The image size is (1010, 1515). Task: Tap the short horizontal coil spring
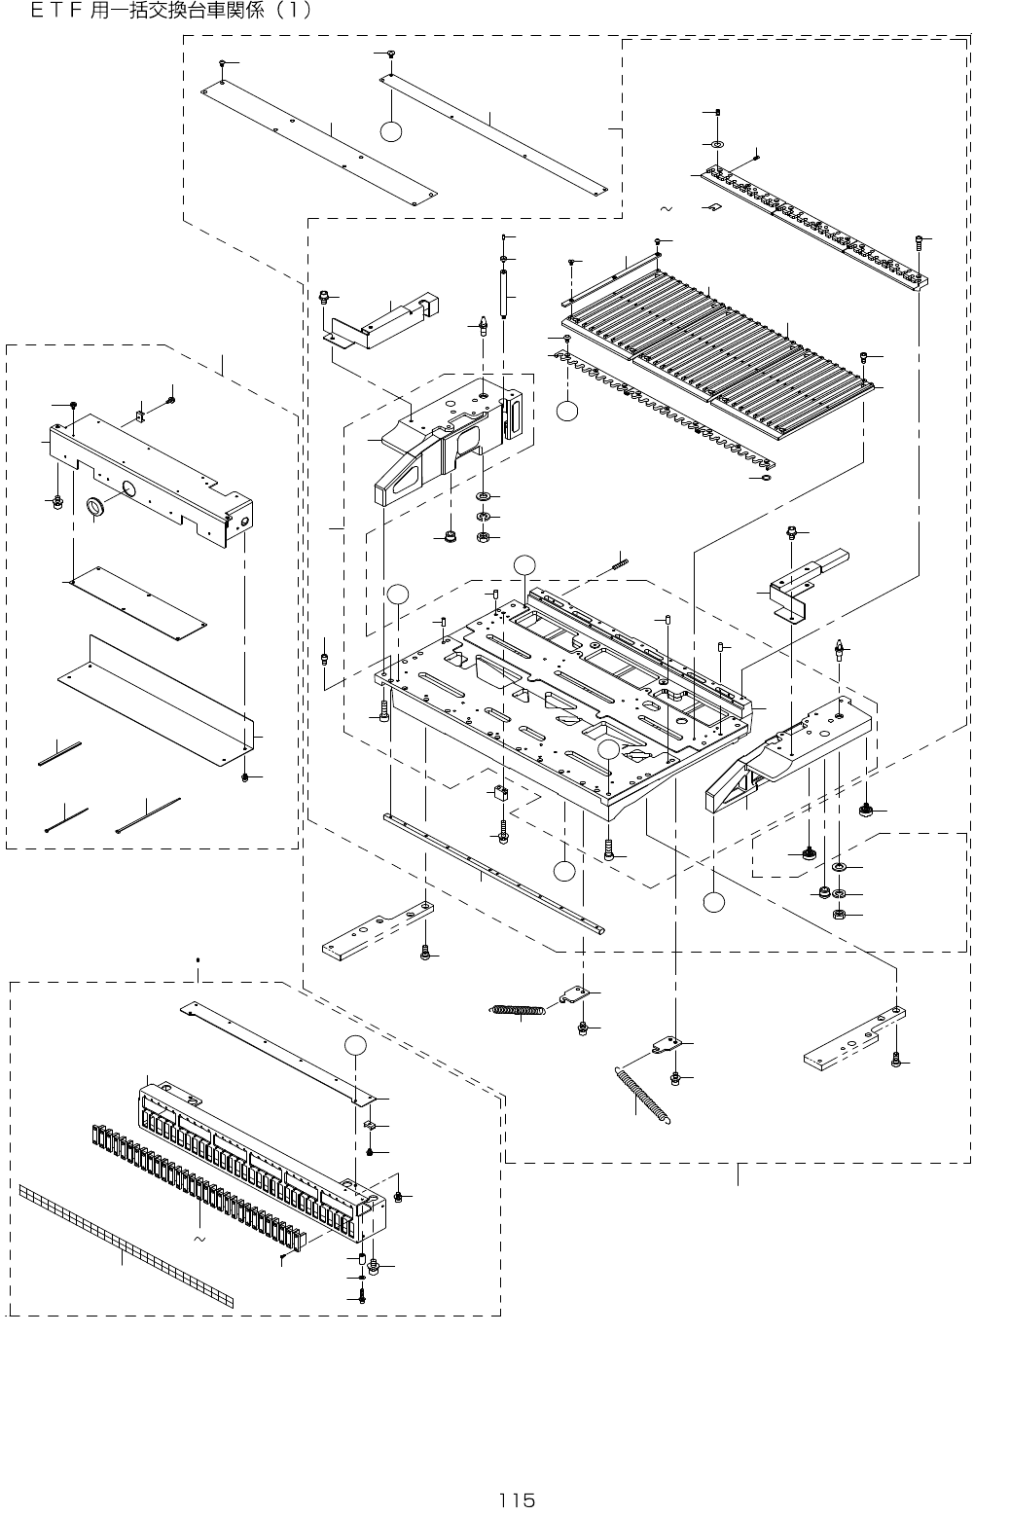[517, 1011]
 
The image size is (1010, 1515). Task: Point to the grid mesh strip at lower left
[126, 1246]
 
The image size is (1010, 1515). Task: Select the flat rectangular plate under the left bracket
[136, 603]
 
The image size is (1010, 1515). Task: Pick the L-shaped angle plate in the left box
[156, 691]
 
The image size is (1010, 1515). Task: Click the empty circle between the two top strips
[391, 132]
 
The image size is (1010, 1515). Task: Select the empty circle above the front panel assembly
[357, 1046]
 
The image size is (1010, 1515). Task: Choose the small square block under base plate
[502, 792]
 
